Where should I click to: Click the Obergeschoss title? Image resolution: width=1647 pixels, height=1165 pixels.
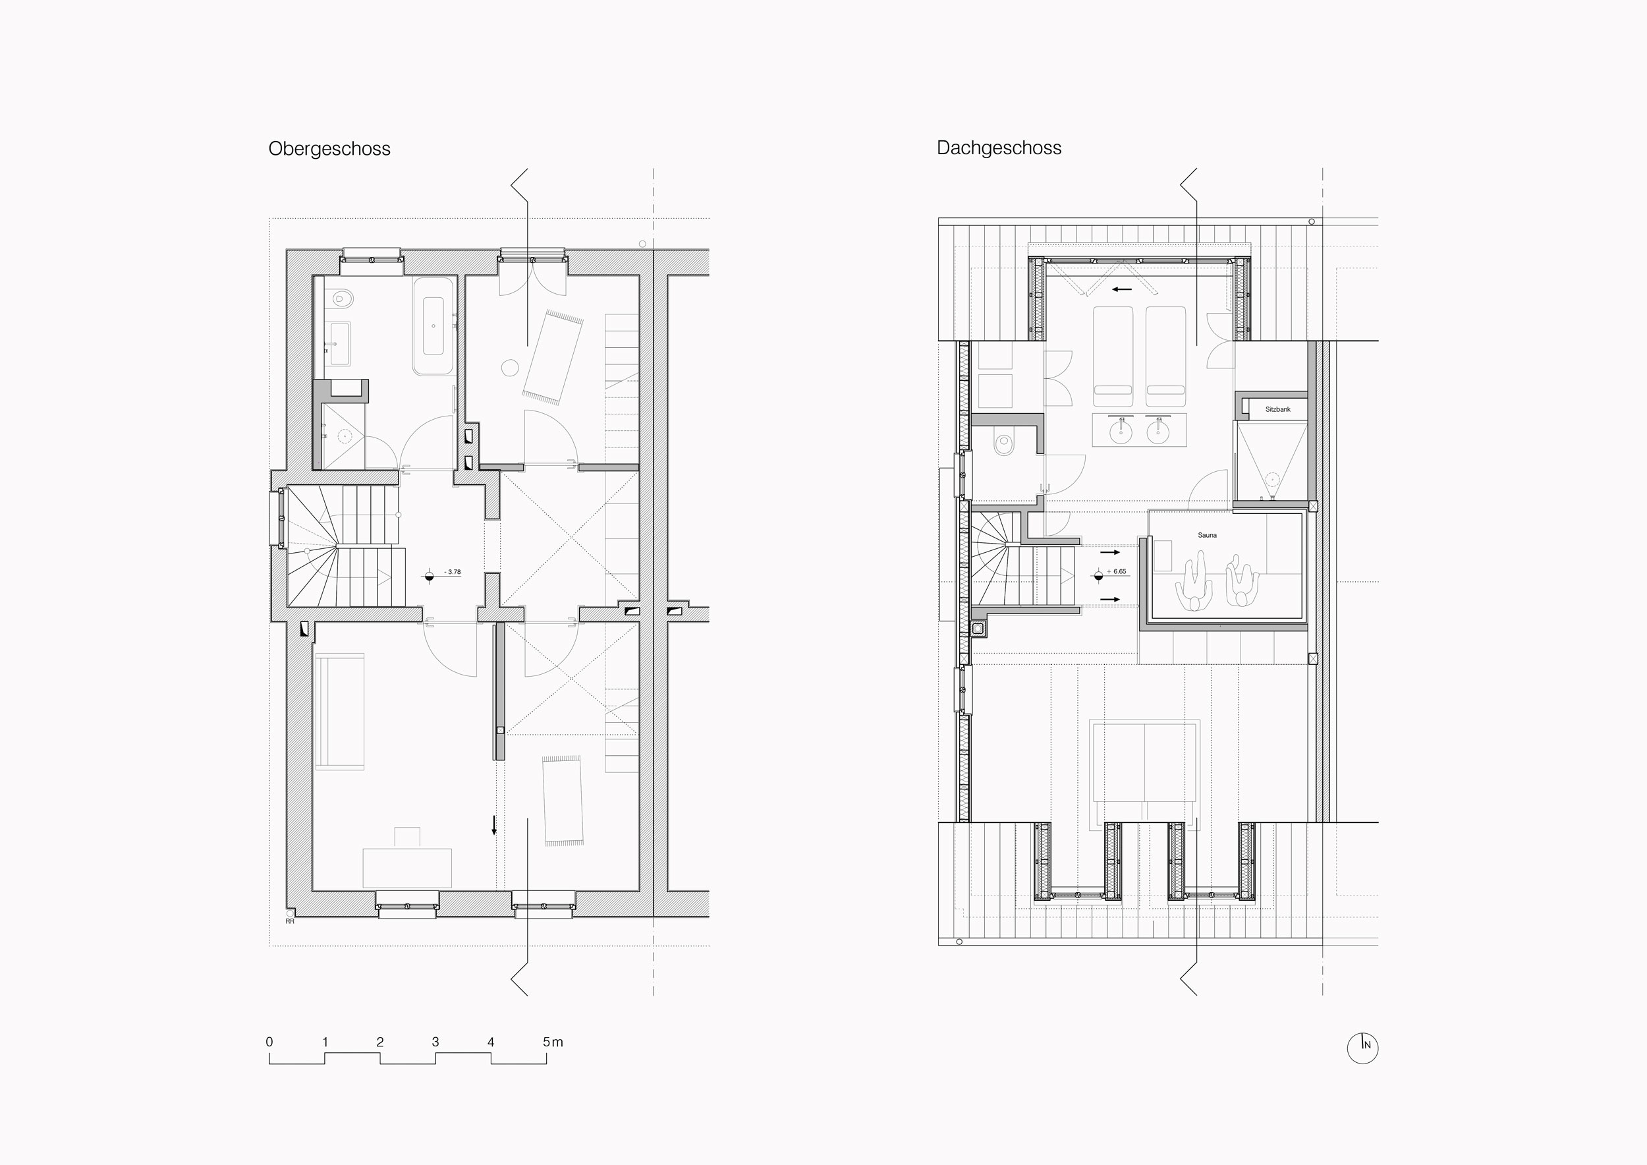point(329,149)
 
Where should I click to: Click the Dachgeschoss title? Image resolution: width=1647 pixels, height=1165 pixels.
point(999,148)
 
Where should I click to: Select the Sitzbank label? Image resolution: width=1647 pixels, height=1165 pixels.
point(1277,410)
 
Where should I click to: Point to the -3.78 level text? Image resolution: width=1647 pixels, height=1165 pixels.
point(453,572)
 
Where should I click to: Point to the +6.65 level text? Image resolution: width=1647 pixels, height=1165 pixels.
point(1117,572)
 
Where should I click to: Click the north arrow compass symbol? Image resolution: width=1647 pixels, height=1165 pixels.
point(1362,1048)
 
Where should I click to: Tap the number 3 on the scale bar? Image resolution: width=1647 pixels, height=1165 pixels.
point(435,1042)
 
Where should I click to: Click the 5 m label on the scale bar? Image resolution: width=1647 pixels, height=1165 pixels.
point(552,1042)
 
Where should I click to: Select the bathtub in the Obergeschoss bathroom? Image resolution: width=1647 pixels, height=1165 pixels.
point(433,326)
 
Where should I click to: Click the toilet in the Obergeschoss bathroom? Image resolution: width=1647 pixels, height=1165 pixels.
point(341,298)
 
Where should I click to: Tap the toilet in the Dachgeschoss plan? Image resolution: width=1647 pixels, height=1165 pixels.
point(1004,443)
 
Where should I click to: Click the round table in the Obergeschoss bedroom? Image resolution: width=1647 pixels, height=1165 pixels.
point(510,367)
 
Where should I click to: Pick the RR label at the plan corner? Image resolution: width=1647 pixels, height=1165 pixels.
point(290,921)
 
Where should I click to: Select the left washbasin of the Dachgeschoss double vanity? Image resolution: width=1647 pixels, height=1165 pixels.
point(1119,432)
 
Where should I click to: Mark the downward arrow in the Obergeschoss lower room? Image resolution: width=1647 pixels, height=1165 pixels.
point(493,825)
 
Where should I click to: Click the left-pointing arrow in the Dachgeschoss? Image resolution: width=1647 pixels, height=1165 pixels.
point(1122,290)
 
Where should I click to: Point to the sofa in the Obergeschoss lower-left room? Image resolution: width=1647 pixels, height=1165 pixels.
point(339,711)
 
